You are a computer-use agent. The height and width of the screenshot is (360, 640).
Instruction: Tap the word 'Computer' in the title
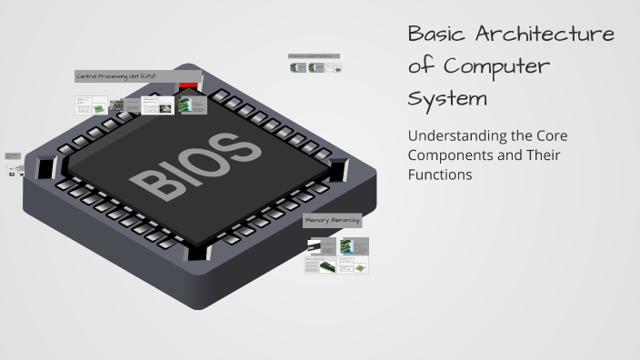coord(496,65)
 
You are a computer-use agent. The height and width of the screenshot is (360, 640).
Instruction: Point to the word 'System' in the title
coord(447,96)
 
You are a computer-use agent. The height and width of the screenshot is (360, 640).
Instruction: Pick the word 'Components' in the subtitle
coord(453,155)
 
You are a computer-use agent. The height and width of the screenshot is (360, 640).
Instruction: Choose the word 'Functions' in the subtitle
coord(440,175)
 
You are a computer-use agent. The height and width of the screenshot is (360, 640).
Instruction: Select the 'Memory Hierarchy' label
coord(332,220)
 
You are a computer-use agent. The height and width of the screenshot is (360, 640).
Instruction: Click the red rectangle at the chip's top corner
coord(190,86)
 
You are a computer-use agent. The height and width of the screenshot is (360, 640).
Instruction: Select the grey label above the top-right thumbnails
coord(315,55)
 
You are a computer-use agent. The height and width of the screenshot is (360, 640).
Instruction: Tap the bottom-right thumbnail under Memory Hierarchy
coord(355,265)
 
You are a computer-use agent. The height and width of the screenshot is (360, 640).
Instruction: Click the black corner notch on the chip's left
coord(48,166)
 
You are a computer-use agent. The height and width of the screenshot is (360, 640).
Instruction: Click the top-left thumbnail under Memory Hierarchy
coord(321,246)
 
